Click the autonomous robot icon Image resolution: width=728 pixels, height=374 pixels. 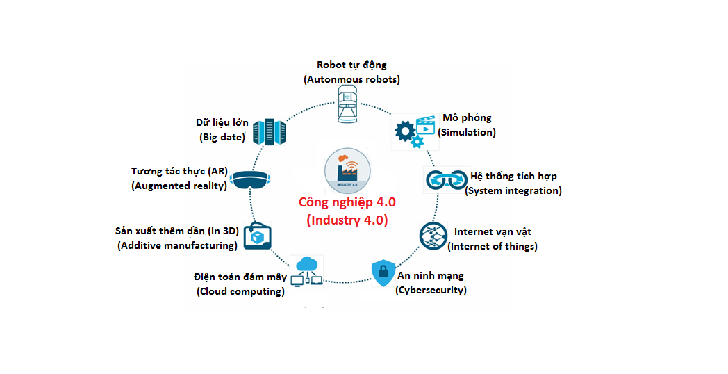click(x=347, y=104)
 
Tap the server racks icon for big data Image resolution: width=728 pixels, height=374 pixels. click(x=270, y=132)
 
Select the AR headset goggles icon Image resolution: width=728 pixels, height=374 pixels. click(x=250, y=180)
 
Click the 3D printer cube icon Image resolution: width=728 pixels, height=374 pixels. click(x=257, y=236)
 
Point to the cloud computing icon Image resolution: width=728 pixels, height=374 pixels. click(x=306, y=271)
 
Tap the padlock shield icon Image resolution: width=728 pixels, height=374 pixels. click(x=383, y=273)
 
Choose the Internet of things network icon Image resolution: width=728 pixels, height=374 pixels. click(x=433, y=236)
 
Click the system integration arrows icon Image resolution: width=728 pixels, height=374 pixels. click(x=446, y=180)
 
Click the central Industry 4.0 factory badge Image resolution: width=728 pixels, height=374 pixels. click(x=347, y=170)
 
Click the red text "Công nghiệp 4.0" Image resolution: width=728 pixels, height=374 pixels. click(x=347, y=202)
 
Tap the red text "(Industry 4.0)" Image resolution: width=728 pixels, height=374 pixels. click(x=347, y=220)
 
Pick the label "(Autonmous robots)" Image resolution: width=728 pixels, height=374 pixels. click(x=351, y=79)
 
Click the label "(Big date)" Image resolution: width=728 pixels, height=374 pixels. click(x=222, y=137)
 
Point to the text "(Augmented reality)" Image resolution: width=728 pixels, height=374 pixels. click(x=179, y=186)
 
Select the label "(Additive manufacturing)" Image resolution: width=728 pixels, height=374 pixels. click(x=177, y=245)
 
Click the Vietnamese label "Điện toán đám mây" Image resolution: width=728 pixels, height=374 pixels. click(x=240, y=277)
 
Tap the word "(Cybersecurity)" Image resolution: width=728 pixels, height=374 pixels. click(x=431, y=291)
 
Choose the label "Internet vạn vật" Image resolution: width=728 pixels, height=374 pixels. click(x=493, y=231)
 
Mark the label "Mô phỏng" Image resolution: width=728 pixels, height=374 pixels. click(x=467, y=118)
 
